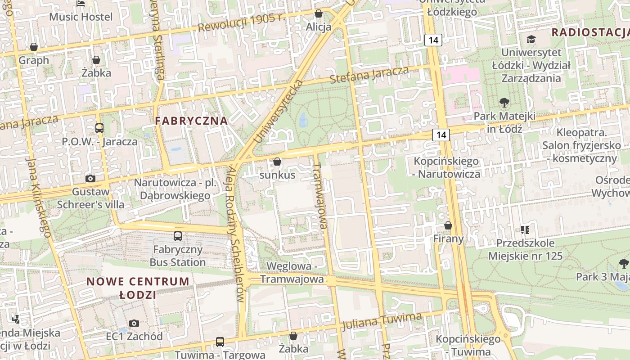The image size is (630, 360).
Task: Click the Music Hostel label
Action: coord(81,17)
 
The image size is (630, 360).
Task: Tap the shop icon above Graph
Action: coord(34,47)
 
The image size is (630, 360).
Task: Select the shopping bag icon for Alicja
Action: coord(319,14)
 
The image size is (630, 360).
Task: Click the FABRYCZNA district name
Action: coord(191,121)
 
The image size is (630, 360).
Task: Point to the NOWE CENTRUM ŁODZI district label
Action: coord(138,288)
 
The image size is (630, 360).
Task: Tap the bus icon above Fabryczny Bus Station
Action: coord(178,236)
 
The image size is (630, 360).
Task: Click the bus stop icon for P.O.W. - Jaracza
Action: coord(99,128)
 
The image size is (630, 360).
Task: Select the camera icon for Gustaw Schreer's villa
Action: coord(90,178)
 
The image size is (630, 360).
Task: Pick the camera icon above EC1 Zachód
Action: coord(134,323)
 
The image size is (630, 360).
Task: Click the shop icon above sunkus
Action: coord(277,162)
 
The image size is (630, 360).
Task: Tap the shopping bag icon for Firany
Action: coord(448,225)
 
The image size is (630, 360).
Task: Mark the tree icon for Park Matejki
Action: coord(504,103)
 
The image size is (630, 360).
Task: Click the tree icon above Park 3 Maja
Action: coord(623,263)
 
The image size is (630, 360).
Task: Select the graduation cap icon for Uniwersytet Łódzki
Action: coord(531,40)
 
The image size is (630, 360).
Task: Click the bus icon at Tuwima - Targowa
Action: coord(220,342)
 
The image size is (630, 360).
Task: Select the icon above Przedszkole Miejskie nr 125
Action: coord(525,230)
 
